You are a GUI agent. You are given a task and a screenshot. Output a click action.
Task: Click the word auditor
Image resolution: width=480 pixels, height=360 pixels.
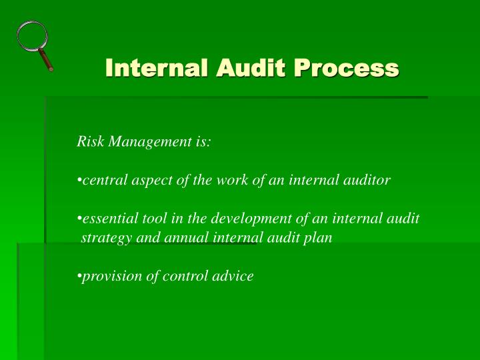point(367,180)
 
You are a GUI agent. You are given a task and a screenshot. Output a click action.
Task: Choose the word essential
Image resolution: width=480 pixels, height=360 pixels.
point(110,219)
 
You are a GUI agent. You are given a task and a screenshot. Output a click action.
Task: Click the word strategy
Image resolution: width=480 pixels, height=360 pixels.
point(106,238)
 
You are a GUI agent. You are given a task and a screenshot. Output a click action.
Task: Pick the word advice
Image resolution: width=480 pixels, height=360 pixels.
point(234,276)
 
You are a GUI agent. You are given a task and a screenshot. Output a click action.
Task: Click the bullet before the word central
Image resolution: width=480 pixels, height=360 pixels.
point(79,181)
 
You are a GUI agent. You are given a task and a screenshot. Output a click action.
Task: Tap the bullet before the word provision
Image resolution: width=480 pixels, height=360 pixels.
point(79,277)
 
